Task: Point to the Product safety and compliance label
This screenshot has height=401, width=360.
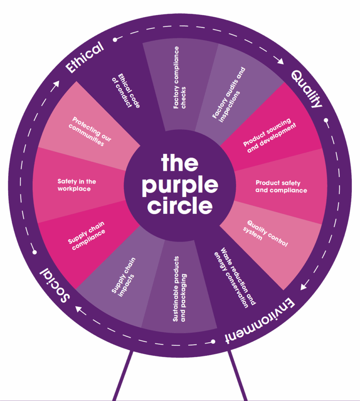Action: [281, 186]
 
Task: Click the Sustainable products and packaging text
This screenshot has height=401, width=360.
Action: [180, 289]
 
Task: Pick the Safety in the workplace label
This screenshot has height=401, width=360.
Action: [77, 185]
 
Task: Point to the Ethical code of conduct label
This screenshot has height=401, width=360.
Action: [129, 90]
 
